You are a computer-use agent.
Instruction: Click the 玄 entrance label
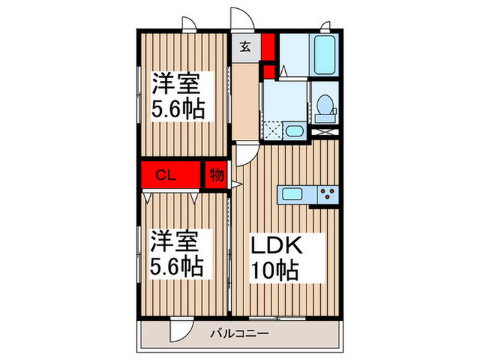pyautogui.click(x=245, y=47)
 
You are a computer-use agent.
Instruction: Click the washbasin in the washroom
pyautogui.click(x=294, y=131)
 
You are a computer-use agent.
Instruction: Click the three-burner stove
pyautogui.click(x=327, y=194)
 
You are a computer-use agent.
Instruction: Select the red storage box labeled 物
pyautogui.click(x=215, y=176)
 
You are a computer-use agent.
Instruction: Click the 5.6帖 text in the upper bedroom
pyautogui.click(x=177, y=110)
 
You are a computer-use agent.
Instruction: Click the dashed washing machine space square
pyautogui.click(x=274, y=130)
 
